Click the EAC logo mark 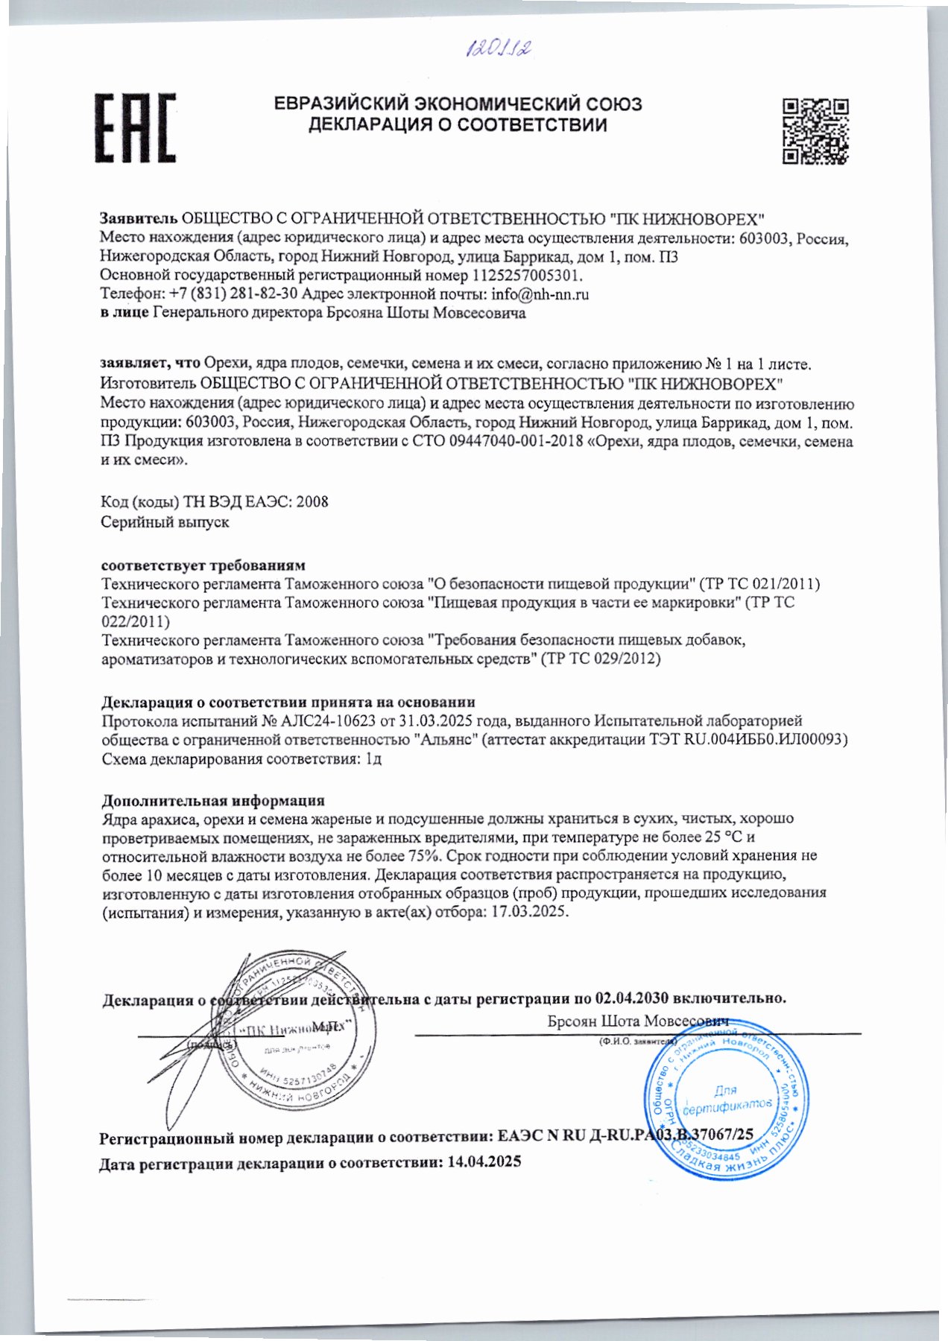click(x=135, y=127)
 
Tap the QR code click(x=816, y=130)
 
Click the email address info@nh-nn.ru click(x=540, y=294)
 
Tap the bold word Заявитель click(x=139, y=219)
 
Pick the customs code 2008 click(x=312, y=502)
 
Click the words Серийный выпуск click(x=165, y=522)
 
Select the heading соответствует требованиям click(x=203, y=565)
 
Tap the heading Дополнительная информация click(x=213, y=801)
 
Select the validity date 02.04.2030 click(x=632, y=998)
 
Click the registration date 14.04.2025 click(x=484, y=1161)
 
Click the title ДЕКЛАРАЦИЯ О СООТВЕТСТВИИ click(x=458, y=125)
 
